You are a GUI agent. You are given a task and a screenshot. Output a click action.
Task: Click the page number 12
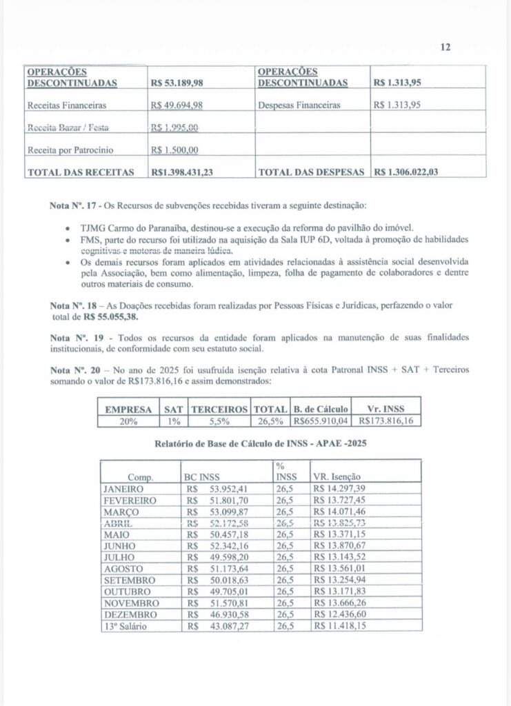coord(445,48)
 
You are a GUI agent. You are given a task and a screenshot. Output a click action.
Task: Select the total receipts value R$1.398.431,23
coord(182,173)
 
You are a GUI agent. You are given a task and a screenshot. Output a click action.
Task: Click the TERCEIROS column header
coord(221,408)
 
